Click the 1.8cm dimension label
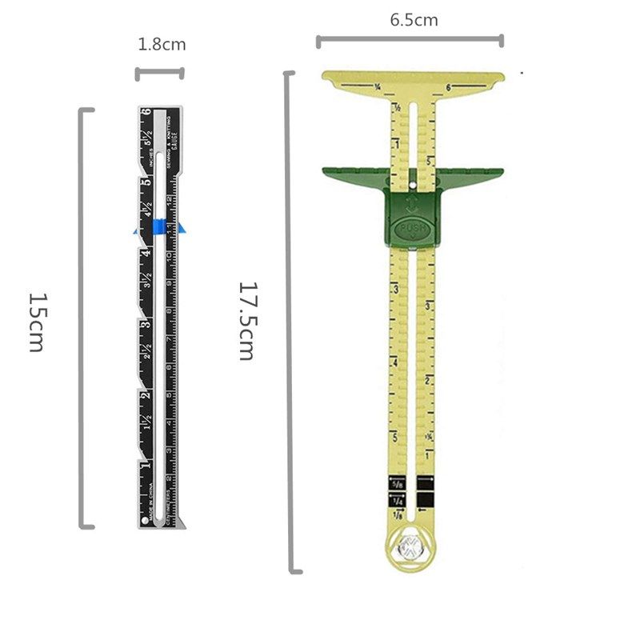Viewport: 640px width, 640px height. (x=162, y=45)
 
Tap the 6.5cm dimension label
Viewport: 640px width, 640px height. (x=414, y=20)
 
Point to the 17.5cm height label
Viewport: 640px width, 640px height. (x=247, y=320)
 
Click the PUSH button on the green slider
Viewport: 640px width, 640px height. (x=414, y=230)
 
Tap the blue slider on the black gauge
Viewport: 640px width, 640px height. (x=160, y=228)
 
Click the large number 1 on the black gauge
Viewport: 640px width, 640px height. (x=145, y=466)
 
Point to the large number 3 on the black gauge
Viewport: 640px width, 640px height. (x=145, y=325)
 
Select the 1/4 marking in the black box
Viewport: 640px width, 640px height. (x=398, y=500)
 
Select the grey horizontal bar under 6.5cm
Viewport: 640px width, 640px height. (x=410, y=40)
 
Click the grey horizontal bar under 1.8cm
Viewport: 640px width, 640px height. (x=160, y=74)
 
